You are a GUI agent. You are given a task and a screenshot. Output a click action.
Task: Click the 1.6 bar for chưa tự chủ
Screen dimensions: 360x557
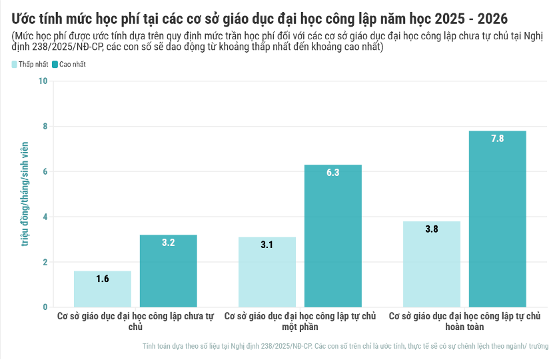point(102,289)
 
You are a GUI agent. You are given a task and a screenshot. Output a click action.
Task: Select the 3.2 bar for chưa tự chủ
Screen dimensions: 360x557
point(168,271)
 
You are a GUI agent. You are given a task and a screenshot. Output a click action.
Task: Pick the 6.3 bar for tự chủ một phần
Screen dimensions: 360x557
point(332,236)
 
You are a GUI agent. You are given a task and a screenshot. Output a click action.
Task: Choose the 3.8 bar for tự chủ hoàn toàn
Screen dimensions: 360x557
point(431,264)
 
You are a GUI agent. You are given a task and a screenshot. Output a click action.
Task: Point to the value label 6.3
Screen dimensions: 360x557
point(332,173)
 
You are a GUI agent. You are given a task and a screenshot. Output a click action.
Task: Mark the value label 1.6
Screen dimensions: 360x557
point(102,279)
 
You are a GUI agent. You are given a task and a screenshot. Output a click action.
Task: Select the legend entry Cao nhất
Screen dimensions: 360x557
point(69,65)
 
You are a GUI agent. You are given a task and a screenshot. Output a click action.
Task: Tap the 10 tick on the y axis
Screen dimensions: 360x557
point(43,81)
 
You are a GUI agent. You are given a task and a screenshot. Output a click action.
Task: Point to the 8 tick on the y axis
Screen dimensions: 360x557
point(45,127)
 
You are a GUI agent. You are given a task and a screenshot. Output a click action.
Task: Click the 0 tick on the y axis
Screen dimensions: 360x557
point(45,307)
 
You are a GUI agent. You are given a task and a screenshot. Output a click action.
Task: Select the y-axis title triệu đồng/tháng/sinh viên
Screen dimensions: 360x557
point(25,194)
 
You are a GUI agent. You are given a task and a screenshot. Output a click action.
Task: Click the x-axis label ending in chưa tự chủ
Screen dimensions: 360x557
point(135,321)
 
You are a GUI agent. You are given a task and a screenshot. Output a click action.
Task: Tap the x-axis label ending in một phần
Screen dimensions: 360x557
point(300,321)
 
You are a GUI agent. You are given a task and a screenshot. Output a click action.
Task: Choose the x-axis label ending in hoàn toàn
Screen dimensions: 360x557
point(464,321)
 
